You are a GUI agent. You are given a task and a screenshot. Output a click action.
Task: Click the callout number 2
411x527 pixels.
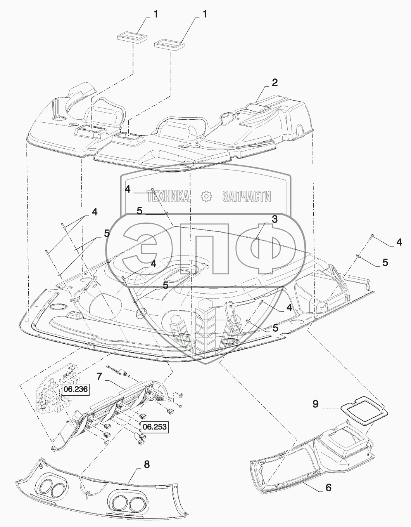[x=275, y=83]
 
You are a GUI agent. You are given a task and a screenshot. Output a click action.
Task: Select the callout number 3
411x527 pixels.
[x=275, y=219]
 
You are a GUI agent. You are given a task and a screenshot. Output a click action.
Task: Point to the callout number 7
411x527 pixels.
[x=99, y=376]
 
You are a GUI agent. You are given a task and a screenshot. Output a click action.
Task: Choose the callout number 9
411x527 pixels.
[x=316, y=404]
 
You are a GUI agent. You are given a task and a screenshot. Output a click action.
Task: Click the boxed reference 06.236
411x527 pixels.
[x=76, y=389]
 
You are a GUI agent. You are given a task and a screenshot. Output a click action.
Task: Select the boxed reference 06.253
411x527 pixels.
[x=154, y=427]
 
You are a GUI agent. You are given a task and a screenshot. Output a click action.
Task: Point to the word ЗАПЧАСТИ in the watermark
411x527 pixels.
[x=247, y=197]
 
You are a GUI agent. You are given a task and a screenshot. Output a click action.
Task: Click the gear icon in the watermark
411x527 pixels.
[x=206, y=197]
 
